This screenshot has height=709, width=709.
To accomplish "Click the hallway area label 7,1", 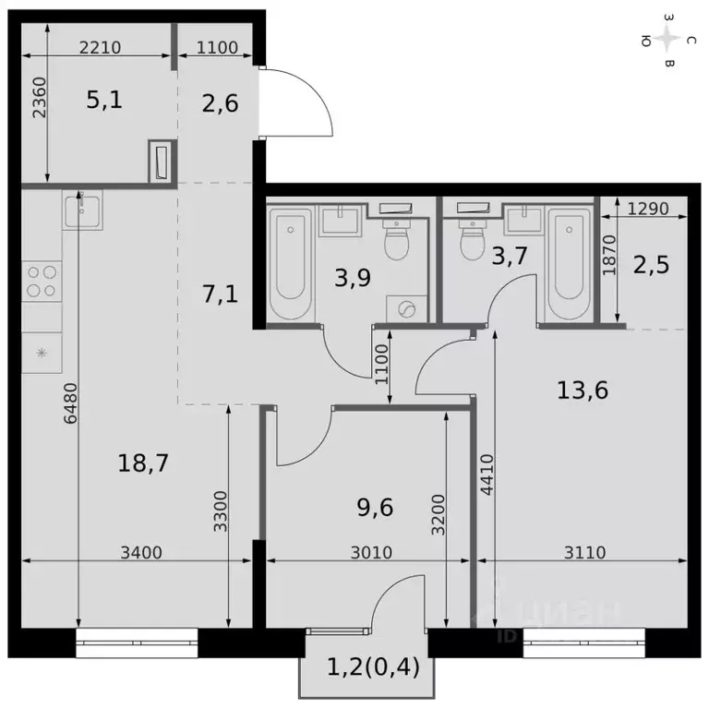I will pyautogui.click(x=220, y=295).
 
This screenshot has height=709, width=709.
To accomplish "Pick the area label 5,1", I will pyautogui.click(x=104, y=100).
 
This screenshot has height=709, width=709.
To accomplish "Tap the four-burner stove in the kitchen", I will pyautogui.click(x=42, y=281).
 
